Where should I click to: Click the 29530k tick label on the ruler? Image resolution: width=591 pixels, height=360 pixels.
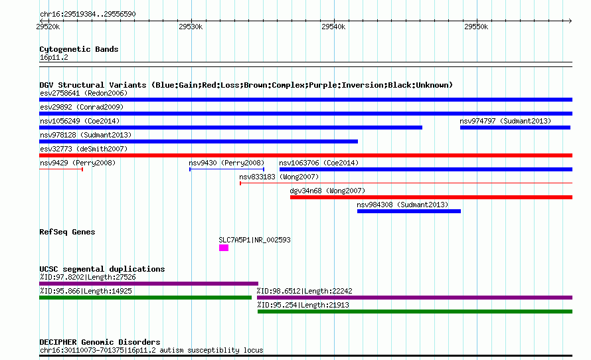(x=191, y=27)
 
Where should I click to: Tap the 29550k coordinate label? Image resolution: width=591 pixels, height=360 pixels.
(x=476, y=27)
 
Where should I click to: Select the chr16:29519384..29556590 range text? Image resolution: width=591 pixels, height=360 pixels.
(x=88, y=14)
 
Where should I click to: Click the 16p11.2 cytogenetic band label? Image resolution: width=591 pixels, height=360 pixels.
(x=54, y=57)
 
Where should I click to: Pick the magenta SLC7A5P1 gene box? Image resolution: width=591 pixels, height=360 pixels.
(x=224, y=248)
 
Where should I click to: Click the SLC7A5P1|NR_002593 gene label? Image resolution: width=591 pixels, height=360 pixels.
(x=255, y=240)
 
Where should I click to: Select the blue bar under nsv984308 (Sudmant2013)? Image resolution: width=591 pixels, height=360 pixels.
(x=409, y=211)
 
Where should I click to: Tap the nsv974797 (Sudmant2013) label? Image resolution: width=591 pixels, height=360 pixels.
(x=505, y=121)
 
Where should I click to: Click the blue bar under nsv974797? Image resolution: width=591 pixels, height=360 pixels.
(x=515, y=128)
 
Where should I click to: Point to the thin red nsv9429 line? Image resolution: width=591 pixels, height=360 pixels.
(x=61, y=169)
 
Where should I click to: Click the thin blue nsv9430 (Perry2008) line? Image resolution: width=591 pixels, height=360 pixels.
(x=226, y=169)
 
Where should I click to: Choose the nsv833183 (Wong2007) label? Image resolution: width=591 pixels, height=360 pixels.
(x=279, y=177)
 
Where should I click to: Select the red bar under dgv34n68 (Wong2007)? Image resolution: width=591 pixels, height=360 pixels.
(x=431, y=197)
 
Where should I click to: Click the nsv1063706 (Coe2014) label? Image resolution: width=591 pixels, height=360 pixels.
(x=319, y=163)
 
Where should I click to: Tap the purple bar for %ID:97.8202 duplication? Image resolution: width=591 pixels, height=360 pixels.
(x=149, y=284)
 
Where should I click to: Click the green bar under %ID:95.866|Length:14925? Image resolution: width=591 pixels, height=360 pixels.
(x=145, y=298)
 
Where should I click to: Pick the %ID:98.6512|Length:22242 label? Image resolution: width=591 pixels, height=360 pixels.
(x=305, y=291)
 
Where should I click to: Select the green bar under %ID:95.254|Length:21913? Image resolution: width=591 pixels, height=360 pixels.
(x=415, y=312)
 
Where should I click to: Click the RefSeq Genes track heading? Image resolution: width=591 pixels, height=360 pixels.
(x=67, y=232)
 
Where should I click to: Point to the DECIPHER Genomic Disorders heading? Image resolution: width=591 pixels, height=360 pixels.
(x=100, y=342)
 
